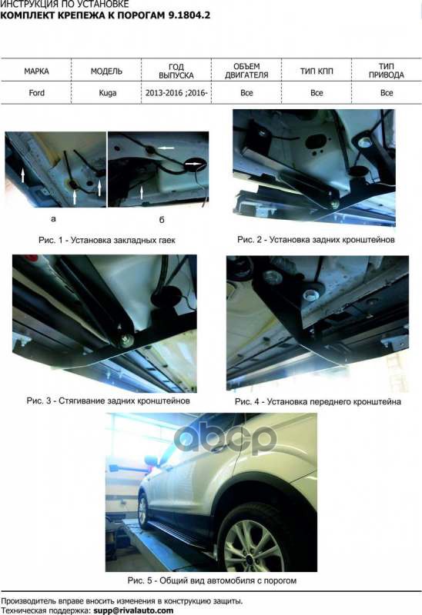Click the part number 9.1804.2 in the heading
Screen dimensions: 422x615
pyautogui.click(x=189, y=15)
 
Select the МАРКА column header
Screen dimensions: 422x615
pyautogui.click(x=36, y=71)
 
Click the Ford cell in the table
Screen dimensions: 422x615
pyautogui.click(x=36, y=93)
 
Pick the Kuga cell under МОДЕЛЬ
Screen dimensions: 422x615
pyautogui.click(x=107, y=93)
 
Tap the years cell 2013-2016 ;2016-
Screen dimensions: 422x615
pyautogui.click(x=176, y=93)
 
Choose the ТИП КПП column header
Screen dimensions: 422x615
pyautogui.click(x=316, y=71)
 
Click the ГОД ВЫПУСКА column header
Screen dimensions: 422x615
pyautogui.click(x=176, y=71)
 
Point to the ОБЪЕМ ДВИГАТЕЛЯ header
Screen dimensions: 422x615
pyautogui.click(x=246, y=71)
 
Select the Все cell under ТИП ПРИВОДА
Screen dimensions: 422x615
pyautogui.click(x=387, y=93)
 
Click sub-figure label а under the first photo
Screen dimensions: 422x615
pyautogui.click(x=53, y=219)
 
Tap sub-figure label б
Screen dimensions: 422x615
pyautogui.click(x=162, y=220)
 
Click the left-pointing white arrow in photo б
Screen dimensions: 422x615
pyautogui.click(x=167, y=148)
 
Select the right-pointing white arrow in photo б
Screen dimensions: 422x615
pyautogui.click(x=193, y=164)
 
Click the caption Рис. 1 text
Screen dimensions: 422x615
pyautogui.click(x=107, y=240)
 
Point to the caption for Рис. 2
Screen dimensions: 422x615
pyautogui.click(x=316, y=239)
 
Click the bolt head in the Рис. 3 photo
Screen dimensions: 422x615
pyautogui.click(x=126, y=339)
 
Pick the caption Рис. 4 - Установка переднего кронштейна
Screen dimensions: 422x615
pyautogui.click(x=318, y=401)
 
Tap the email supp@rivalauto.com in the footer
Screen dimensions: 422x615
pyautogui.click(x=133, y=610)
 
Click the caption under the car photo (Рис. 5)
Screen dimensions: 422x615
pyautogui.click(x=212, y=580)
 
